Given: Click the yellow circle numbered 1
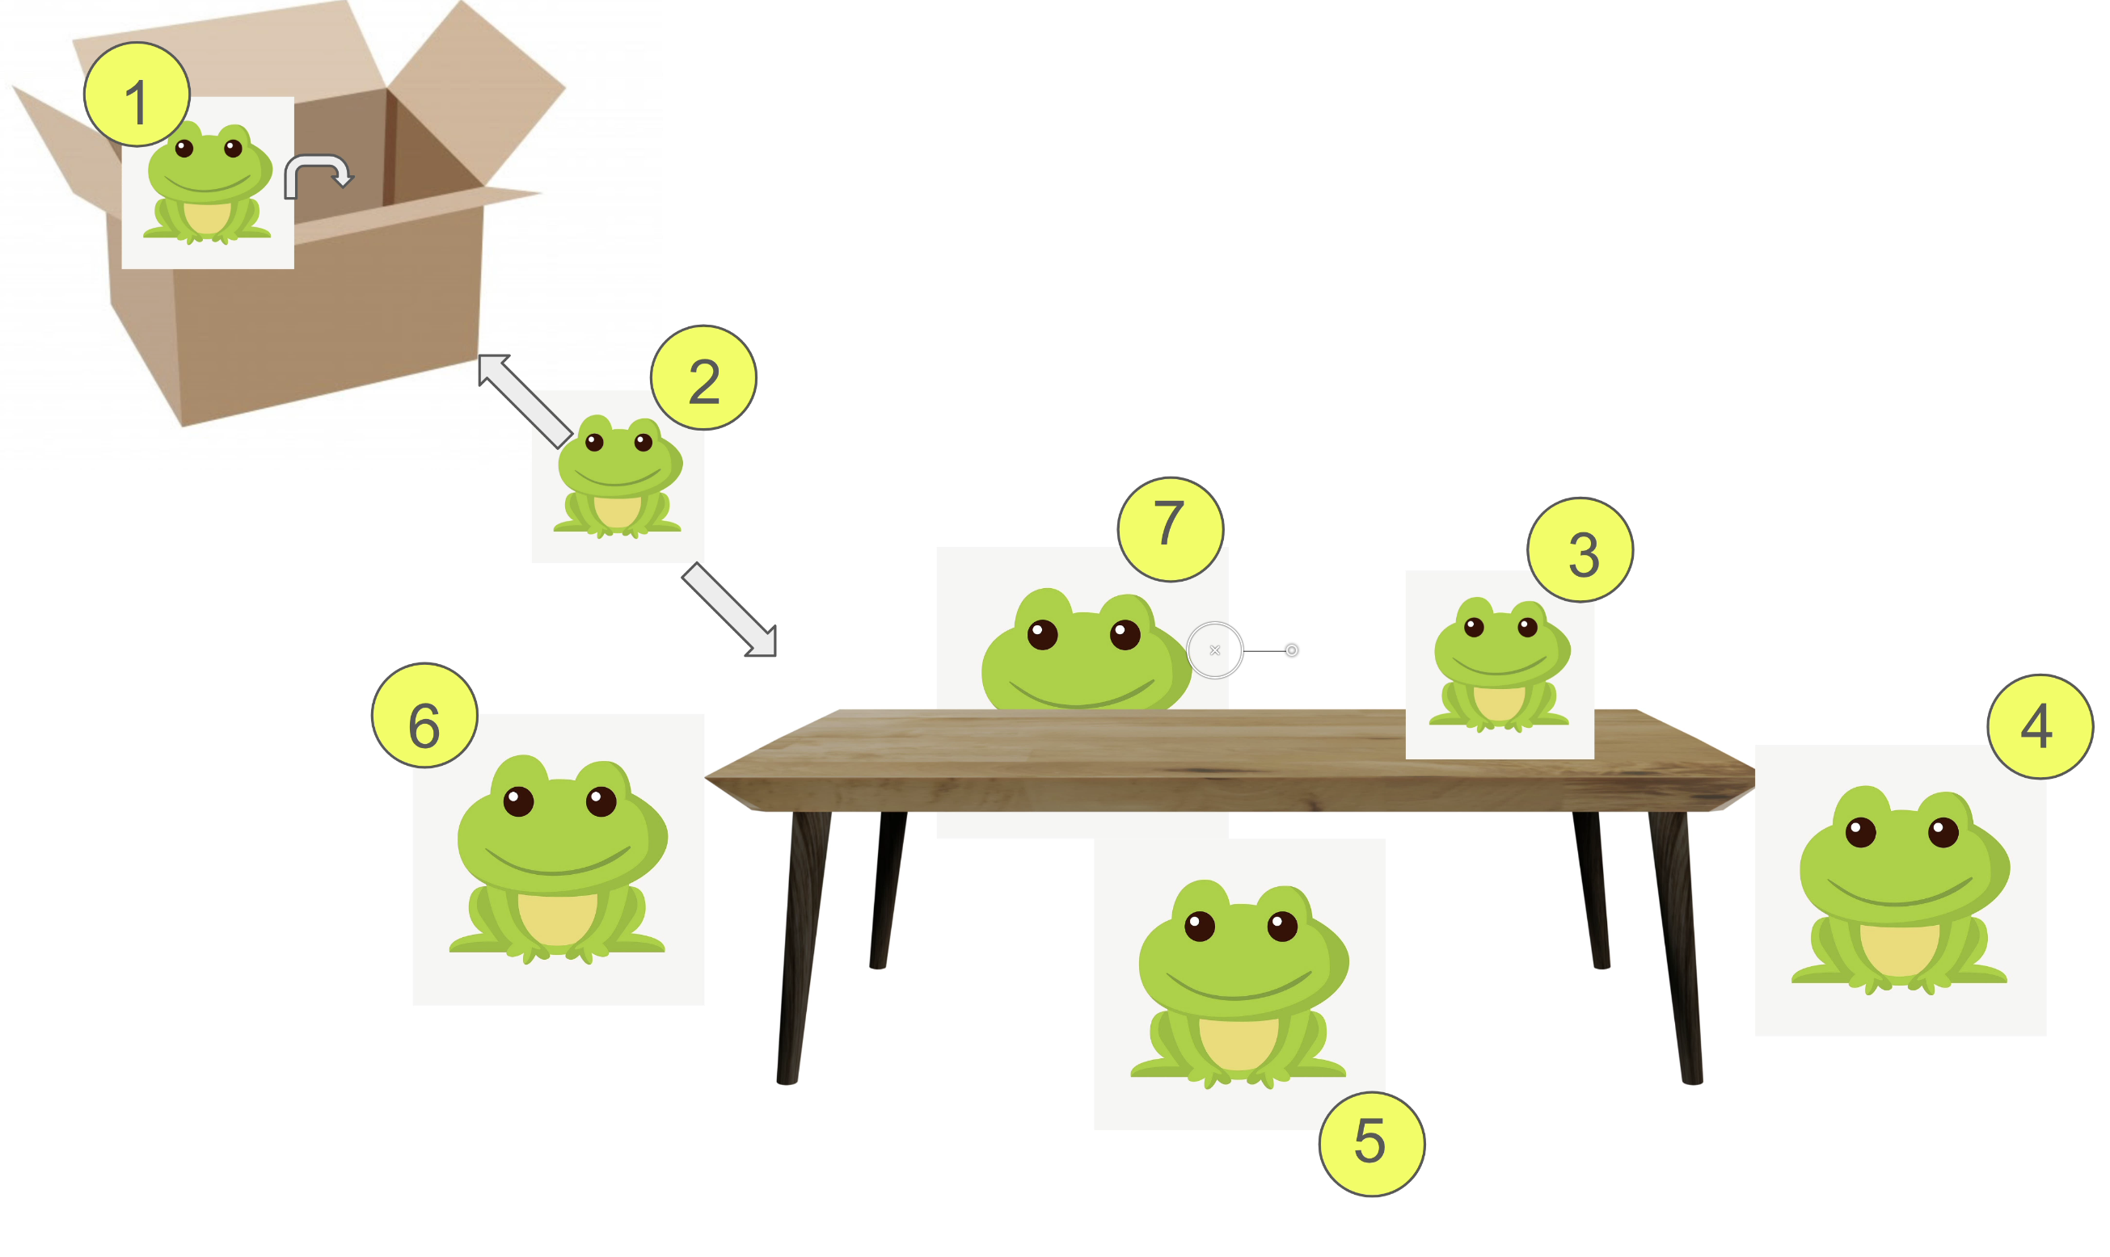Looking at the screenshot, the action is point(137,95).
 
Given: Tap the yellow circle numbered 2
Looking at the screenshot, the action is point(708,380).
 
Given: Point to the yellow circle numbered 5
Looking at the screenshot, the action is point(1382,1152).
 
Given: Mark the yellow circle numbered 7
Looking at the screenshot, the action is point(1179,533).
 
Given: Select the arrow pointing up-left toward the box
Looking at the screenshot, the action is point(527,403).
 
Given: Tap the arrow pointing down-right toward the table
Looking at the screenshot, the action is point(736,614).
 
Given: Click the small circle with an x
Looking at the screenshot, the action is point(1224,655).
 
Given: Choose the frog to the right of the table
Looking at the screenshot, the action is point(1917,896).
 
